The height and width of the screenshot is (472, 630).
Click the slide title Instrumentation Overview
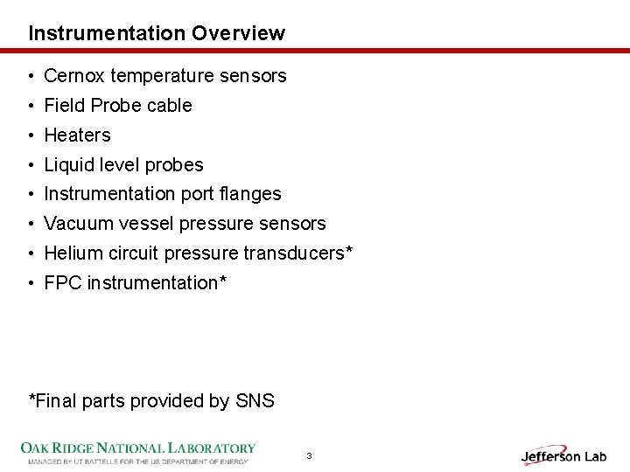(x=157, y=33)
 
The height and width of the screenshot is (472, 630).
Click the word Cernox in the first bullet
(x=74, y=76)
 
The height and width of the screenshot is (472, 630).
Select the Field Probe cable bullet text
(x=117, y=106)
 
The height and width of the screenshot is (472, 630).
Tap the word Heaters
(x=77, y=135)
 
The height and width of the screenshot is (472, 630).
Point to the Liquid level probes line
(x=123, y=165)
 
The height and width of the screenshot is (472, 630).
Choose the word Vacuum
(x=76, y=224)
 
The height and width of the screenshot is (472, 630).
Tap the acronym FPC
(x=62, y=283)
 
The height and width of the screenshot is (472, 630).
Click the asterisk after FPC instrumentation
(x=223, y=280)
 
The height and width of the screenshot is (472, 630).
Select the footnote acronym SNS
(x=255, y=401)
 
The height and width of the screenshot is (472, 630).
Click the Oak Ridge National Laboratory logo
(x=138, y=452)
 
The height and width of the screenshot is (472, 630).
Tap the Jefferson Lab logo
(x=563, y=455)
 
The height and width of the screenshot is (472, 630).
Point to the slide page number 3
(x=309, y=456)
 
